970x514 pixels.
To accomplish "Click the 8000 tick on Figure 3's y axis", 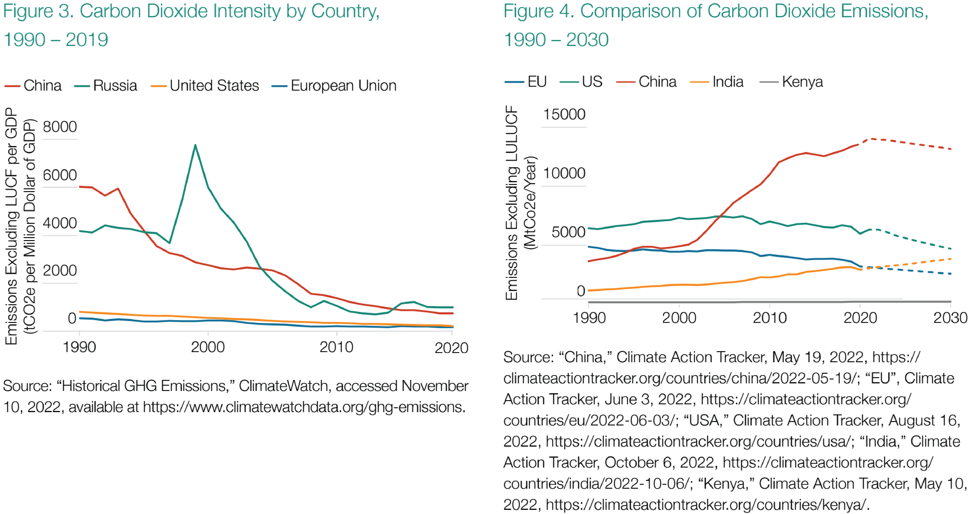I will (60, 127).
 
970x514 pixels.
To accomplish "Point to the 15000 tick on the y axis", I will (564, 114).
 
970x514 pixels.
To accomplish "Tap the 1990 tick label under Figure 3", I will (79, 347).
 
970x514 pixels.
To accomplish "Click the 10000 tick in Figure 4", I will (564, 173).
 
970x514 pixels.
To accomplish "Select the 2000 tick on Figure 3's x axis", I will (208, 347).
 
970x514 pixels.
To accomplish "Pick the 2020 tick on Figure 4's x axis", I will (860, 318).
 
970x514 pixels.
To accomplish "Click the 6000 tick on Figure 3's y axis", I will (60, 175).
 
